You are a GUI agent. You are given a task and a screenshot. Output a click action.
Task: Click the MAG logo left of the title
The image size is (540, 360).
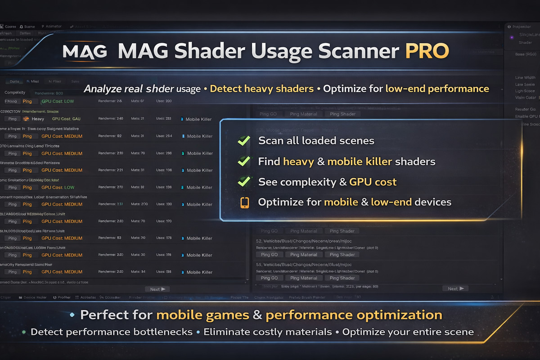click(85, 51)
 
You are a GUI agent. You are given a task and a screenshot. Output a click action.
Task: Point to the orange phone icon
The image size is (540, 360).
click(245, 202)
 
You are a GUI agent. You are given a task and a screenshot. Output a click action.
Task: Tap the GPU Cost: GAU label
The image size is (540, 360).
click(66, 119)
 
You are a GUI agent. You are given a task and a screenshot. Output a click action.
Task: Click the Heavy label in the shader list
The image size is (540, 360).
click(38, 119)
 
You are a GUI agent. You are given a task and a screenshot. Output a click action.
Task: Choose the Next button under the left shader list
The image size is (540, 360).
click(157, 289)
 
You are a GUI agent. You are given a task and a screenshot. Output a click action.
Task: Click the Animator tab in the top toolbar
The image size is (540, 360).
click(53, 27)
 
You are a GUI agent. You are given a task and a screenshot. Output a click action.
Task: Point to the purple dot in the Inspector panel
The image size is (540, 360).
click(512, 38)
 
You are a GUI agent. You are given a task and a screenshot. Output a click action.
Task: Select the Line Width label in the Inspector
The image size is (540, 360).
click(525, 78)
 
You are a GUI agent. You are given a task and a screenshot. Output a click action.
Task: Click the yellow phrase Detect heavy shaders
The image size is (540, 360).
click(261, 89)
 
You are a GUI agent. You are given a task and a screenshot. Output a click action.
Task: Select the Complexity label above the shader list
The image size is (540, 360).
click(15, 93)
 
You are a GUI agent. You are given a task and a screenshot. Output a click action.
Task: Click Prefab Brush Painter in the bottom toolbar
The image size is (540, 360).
click(307, 297)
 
